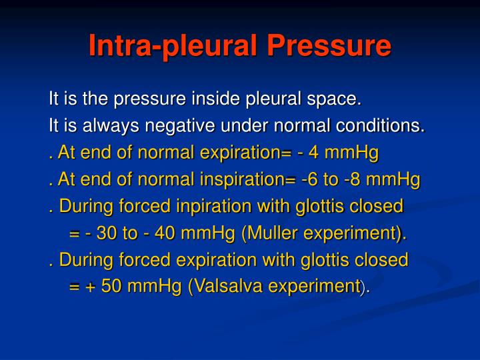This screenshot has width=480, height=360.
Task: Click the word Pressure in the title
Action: point(329,45)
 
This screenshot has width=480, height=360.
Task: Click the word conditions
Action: point(380,126)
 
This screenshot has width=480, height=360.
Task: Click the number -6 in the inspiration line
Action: point(309,179)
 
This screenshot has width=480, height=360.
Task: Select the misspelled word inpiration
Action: point(214,207)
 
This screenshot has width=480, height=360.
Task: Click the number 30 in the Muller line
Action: point(107,233)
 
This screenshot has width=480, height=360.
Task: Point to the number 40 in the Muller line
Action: point(165,233)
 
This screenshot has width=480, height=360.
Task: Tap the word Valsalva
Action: point(229,286)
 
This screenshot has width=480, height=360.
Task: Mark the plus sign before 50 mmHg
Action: point(91,287)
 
